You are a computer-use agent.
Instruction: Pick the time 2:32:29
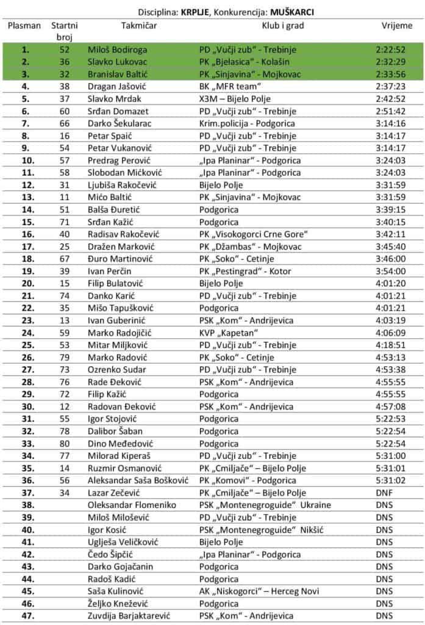[391, 62]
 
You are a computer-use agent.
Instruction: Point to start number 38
[64, 86]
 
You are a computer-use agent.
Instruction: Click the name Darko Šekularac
[120, 123]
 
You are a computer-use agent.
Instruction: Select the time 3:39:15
[391, 209]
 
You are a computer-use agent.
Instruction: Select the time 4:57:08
[391, 406]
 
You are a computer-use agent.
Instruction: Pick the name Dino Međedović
[119, 444]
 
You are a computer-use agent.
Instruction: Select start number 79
[64, 357]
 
